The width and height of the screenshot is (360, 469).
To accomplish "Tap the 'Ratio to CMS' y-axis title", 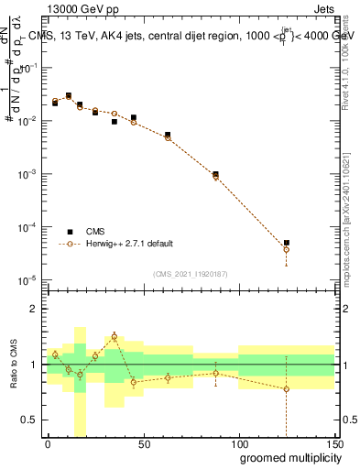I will pyautogui.click(x=12, y=364).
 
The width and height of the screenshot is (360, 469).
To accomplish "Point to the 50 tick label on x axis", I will pyautogui.click(x=143, y=443).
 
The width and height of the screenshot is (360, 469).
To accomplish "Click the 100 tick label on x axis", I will pyautogui.click(x=238, y=443).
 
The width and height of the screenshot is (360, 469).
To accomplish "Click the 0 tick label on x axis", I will pyautogui.click(x=48, y=443).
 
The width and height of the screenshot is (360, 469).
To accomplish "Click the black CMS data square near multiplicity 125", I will pyautogui.click(x=287, y=243).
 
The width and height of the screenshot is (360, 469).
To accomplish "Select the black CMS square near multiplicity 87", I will pyautogui.click(x=215, y=174).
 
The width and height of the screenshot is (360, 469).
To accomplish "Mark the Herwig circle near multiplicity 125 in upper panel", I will pyautogui.click(x=287, y=249).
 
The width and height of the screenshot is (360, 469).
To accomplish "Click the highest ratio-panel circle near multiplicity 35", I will pyautogui.click(x=115, y=336).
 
